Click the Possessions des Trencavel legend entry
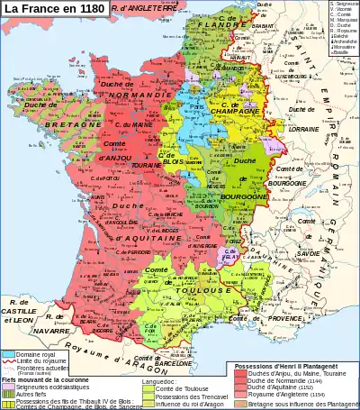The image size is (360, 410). coord(192,397)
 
